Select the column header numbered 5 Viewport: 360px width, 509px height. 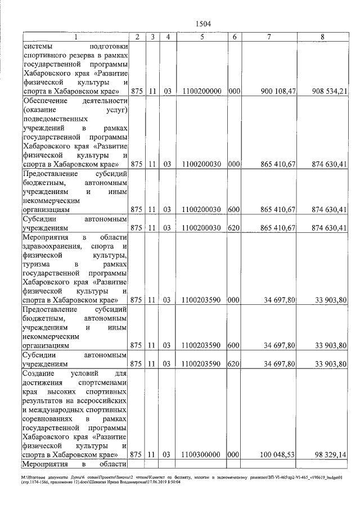[x=201, y=37]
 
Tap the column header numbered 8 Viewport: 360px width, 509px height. [x=322, y=37]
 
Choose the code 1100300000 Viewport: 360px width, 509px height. [x=201, y=454]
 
